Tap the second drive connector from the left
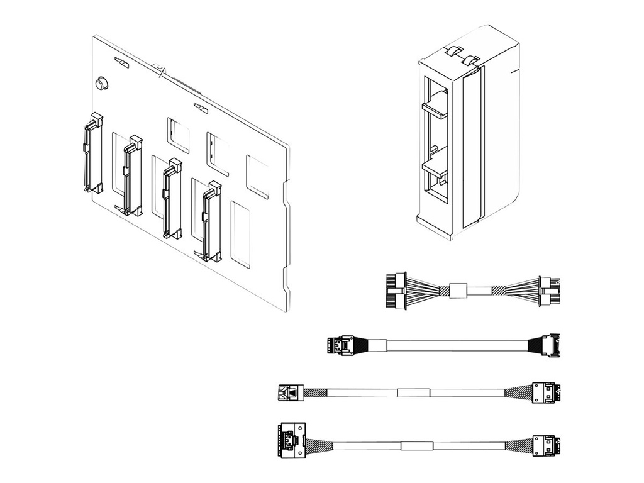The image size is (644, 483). (x=132, y=175)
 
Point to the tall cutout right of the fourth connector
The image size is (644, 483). (x=240, y=232)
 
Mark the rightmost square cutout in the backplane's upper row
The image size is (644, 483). (x=257, y=177)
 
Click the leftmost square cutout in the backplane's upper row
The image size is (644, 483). (x=178, y=135)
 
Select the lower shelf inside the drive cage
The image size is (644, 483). (x=435, y=169)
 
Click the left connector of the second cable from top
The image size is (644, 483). (x=340, y=345)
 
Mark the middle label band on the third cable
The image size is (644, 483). (x=413, y=392)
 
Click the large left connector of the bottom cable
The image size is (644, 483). (x=290, y=438)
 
